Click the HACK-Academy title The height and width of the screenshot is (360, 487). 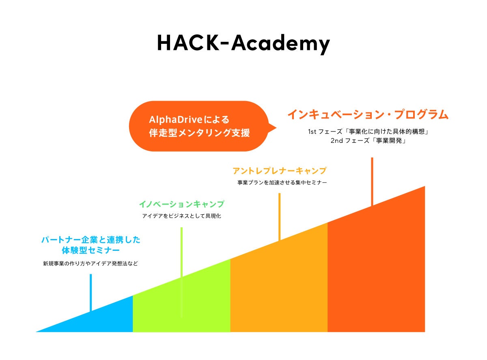pos(243,43)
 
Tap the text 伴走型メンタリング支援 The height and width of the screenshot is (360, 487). pos(199,133)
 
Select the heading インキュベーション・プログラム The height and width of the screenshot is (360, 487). pos(368,115)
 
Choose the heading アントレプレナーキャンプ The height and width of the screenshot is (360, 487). pos(279,171)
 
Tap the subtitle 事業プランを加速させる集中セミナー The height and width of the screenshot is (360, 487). pos(282,183)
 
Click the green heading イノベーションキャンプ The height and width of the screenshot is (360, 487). pos(181,204)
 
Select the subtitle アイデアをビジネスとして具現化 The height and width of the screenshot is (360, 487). pos(181,216)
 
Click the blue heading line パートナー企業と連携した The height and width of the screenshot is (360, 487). pos(91,240)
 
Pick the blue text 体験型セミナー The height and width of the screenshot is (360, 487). pos(91,250)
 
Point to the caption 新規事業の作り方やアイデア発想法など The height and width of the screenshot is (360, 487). pos(91,263)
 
